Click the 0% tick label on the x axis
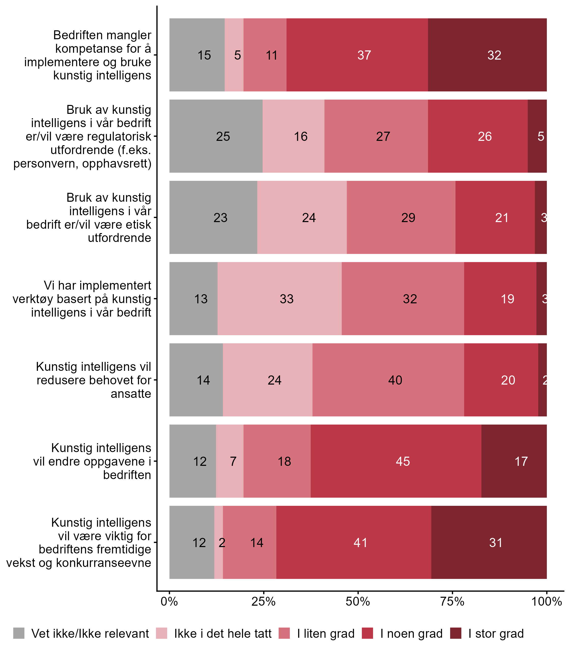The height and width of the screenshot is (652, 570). (169, 601)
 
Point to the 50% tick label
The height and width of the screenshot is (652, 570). (358, 601)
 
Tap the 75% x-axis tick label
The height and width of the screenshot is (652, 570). (452, 601)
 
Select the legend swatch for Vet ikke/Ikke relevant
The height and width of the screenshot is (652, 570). (19, 633)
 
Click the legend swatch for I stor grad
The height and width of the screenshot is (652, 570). (456, 633)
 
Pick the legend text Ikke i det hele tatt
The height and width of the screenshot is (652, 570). (223, 634)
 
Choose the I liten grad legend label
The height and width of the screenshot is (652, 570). (326, 634)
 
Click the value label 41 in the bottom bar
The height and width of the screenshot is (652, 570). (360, 542)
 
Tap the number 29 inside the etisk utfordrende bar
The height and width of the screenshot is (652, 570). (408, 218)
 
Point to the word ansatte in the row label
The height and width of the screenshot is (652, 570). (131, 393)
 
